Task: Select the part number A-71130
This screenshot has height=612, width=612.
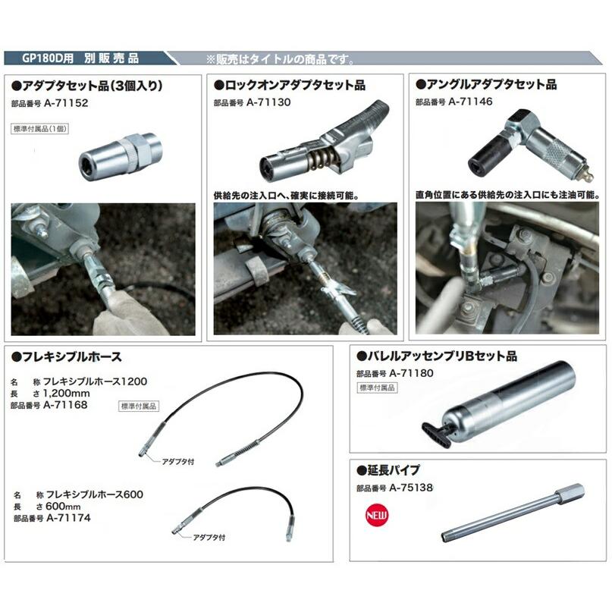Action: (x=270, y=101)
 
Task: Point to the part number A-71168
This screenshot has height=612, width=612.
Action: (x=67, y=405)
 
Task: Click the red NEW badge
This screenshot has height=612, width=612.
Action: (x=374, y=513)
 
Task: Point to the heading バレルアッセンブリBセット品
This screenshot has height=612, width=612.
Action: (x=441, y=356)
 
